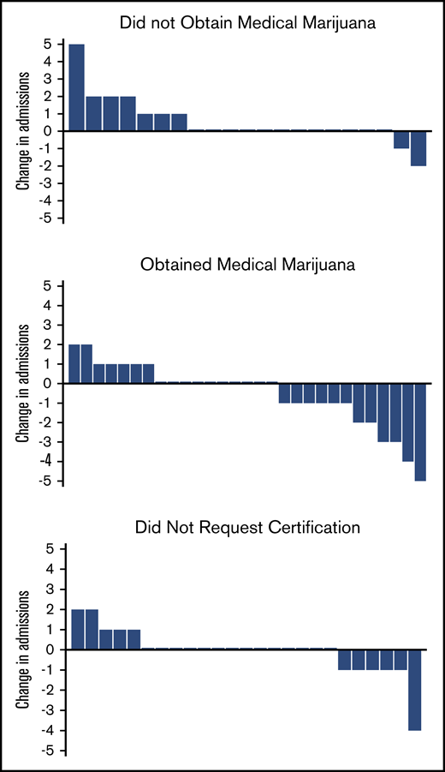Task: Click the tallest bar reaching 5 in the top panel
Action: [x=76, y=87]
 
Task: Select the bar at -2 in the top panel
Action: [x=418, y=148]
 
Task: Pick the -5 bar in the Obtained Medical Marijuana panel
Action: [x=420, y=432]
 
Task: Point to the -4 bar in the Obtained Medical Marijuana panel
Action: [x=408, y=422]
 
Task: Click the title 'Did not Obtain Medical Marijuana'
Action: [x=228, y=22]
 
